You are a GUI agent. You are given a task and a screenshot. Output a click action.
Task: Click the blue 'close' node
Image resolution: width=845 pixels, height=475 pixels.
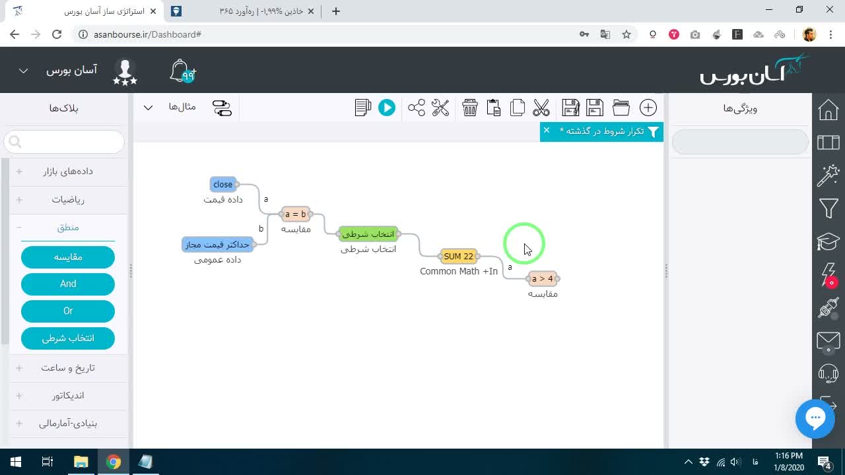tap(222, 184)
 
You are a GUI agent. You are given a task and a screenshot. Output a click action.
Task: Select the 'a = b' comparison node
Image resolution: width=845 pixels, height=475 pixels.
tap(295, 214)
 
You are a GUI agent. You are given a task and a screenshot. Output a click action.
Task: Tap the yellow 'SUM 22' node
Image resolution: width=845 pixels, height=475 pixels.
tap(458, 257)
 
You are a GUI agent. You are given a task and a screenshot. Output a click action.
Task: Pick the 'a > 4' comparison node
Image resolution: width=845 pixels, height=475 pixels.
tap(543, 278)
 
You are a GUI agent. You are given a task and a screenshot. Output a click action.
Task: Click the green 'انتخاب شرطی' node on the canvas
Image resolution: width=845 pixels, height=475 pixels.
tap(368, 234)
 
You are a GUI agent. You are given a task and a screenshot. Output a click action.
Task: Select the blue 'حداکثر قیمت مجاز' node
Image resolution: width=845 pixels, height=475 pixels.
tap(217, 245)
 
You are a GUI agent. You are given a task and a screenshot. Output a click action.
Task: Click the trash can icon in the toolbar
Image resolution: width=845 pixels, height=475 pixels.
tap(469, 108)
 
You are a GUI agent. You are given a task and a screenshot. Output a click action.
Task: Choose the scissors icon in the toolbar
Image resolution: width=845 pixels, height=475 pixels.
tap(541, 108)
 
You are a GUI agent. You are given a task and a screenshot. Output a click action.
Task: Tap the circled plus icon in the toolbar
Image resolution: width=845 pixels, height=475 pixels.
tap(648, 108)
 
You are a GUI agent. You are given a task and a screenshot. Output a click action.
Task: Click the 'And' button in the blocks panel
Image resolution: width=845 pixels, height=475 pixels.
tap(68, 284)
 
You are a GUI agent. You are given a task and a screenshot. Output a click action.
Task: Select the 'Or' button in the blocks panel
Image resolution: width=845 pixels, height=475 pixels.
tap(68, 311)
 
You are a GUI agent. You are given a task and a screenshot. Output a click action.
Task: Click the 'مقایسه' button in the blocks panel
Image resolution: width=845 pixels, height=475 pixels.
tap(68, 257)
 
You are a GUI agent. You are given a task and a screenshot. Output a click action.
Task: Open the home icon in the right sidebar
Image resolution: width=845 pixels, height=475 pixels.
tap(828, 110)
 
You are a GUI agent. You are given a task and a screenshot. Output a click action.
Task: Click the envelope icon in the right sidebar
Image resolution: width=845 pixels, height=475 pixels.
tap(828, 342)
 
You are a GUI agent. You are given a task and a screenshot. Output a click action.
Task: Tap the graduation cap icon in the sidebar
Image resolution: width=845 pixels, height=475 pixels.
tap(828, 241)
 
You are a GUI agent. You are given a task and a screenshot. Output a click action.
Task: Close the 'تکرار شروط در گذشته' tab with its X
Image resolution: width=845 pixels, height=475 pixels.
tap(546, 131)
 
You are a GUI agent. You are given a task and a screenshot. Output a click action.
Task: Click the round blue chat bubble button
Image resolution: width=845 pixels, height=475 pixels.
tap(815, 418)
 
